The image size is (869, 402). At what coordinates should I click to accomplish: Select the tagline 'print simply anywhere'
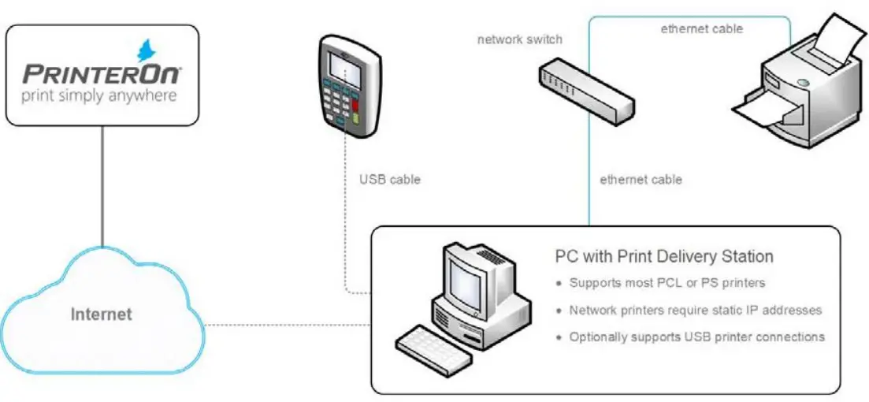(x=99, y=96)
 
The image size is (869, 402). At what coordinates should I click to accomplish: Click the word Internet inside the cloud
(x=102, y=315)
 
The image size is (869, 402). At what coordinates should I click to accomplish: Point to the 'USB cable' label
(x=389, y=180)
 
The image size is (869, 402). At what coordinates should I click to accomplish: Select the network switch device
(x=587, y=87)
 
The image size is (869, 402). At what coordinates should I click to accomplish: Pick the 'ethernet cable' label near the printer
(x=701, y=29)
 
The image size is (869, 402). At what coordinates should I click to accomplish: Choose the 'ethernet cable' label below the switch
(x=641, y=180)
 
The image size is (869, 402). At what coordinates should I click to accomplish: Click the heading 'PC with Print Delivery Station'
(x=664, y=257)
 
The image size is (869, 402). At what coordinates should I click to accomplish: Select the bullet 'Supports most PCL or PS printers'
(x=667, y=283)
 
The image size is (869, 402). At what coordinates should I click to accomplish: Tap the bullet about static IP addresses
(x=695, y=311)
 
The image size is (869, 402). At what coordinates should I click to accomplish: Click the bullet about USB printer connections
(x=696, y=337)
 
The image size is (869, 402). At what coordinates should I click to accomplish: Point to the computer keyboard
(x=429, y=348)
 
